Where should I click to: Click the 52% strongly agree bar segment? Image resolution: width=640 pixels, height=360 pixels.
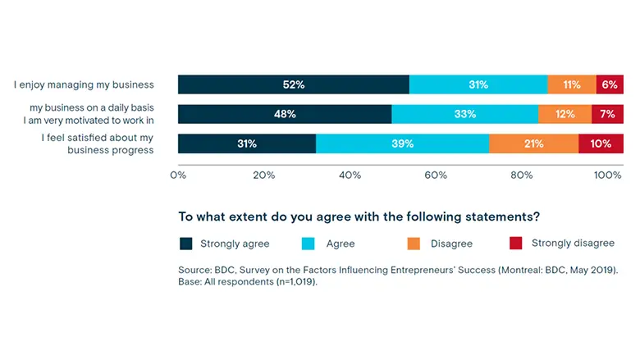click(293, 84)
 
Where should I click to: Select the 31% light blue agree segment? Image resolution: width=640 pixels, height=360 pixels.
click(478, 84)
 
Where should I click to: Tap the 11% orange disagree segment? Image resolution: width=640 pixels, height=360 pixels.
click(572, 84)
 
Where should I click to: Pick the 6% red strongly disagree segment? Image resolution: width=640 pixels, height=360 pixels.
click(610, 84)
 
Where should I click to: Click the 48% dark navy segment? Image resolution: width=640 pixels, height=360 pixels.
click(285, 114)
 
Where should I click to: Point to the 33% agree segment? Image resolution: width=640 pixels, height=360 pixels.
click(465, 114)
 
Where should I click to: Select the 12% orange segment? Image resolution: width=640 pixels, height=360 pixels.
click(565, 114)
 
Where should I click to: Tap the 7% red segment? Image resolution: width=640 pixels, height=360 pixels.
click(607, 114)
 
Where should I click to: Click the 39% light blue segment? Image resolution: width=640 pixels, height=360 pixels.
click(402, 144)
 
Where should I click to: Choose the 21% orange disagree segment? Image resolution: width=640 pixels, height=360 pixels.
click(533, 144)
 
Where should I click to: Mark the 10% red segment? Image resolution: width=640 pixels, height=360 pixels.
click(601, 144)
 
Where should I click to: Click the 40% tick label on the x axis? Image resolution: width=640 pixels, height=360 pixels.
click(350, 175)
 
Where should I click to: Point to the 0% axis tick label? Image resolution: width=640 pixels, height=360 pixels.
click(178, 175)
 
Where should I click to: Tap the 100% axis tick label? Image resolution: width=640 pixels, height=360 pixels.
click(607, 175)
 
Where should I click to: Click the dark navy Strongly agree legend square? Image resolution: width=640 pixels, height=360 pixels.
click(186, 244)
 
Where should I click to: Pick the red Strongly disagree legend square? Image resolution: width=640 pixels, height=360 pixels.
click(515, 244)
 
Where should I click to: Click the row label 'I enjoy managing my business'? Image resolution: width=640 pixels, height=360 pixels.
click(84, 84)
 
